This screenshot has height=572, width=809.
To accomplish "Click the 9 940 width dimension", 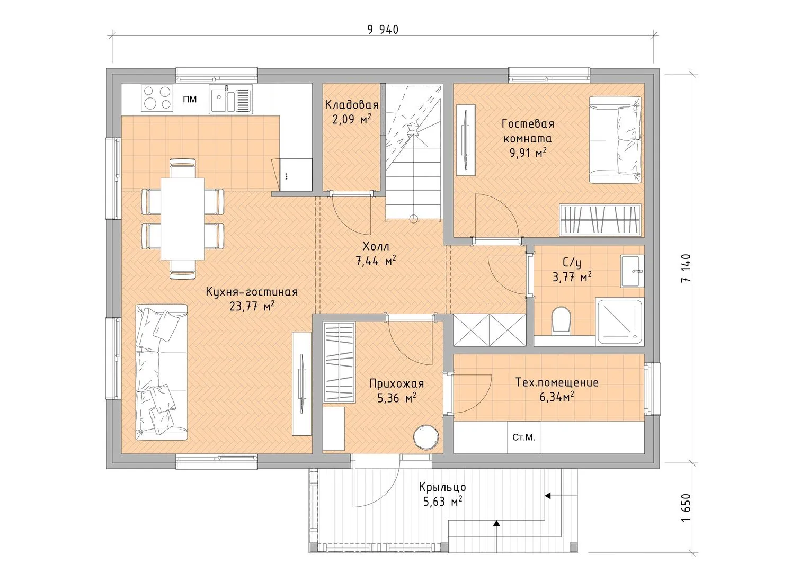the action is tap(383, 30).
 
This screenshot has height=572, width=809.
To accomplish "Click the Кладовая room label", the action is tap(351, 105).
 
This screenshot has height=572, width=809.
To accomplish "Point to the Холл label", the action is tap(376, 247).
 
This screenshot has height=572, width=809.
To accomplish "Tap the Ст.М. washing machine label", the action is tap(523, 437).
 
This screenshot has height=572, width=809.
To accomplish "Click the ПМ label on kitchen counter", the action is tap(190, 99).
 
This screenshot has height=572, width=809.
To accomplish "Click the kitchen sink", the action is tap(230, 99).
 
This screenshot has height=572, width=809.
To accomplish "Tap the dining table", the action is tap(182, 218).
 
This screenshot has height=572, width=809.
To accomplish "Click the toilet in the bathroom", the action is tap(561, 320).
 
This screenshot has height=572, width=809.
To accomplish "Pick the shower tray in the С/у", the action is tap(619, 321).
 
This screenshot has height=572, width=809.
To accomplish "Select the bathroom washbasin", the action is tap(633, 271).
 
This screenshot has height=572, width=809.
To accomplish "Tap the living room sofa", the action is tap(162, 372).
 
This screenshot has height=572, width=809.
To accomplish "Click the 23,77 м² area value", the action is tap(252, 306).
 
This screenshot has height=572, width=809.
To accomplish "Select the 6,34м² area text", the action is tap(557, 397).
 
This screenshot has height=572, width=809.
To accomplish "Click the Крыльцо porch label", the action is tap(442, 487).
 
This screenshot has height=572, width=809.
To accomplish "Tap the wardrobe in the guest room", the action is tap(600, 220).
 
